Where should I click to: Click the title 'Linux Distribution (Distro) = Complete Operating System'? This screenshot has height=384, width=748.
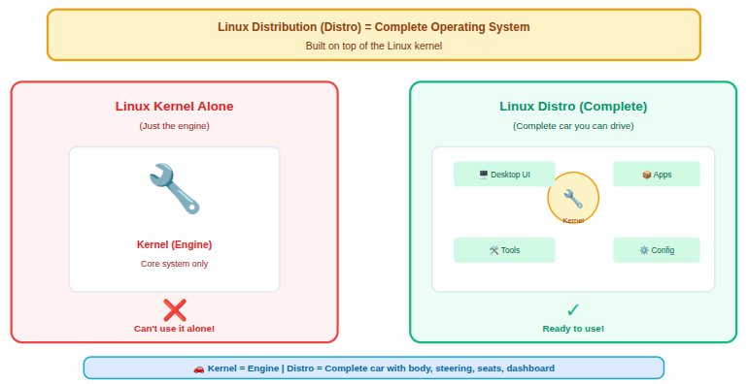coord(374,27)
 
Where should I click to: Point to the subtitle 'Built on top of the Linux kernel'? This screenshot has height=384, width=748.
coord(374,46)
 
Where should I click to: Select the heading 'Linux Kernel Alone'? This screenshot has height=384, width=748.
coord(174,107)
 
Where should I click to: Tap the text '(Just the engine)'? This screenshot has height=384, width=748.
coord(174,126)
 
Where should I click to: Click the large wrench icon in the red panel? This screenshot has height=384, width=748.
coord(174,188)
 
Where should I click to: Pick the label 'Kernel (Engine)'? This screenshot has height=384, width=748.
coord(174,244)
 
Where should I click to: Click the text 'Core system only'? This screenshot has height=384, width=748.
coord(174,264)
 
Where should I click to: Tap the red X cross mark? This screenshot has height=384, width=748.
coord(175,310)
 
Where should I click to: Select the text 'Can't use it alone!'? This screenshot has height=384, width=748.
coord(174,329)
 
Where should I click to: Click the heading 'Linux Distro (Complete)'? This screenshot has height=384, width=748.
coord(573,107)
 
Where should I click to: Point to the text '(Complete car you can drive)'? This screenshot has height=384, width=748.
coord(573,126)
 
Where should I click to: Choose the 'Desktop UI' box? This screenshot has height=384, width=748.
coord(504,175)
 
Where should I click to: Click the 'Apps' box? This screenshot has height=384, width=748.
coord(657,175)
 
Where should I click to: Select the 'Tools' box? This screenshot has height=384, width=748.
coord(504,250)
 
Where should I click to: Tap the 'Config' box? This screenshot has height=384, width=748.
coord(657,250)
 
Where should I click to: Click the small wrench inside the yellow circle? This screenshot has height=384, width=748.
coord(573,198)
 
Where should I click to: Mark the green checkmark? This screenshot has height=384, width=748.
coord(573,310)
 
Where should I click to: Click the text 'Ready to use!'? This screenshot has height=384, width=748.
coord(573,329)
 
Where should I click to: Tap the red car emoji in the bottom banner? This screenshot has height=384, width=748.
coord(199,368)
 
